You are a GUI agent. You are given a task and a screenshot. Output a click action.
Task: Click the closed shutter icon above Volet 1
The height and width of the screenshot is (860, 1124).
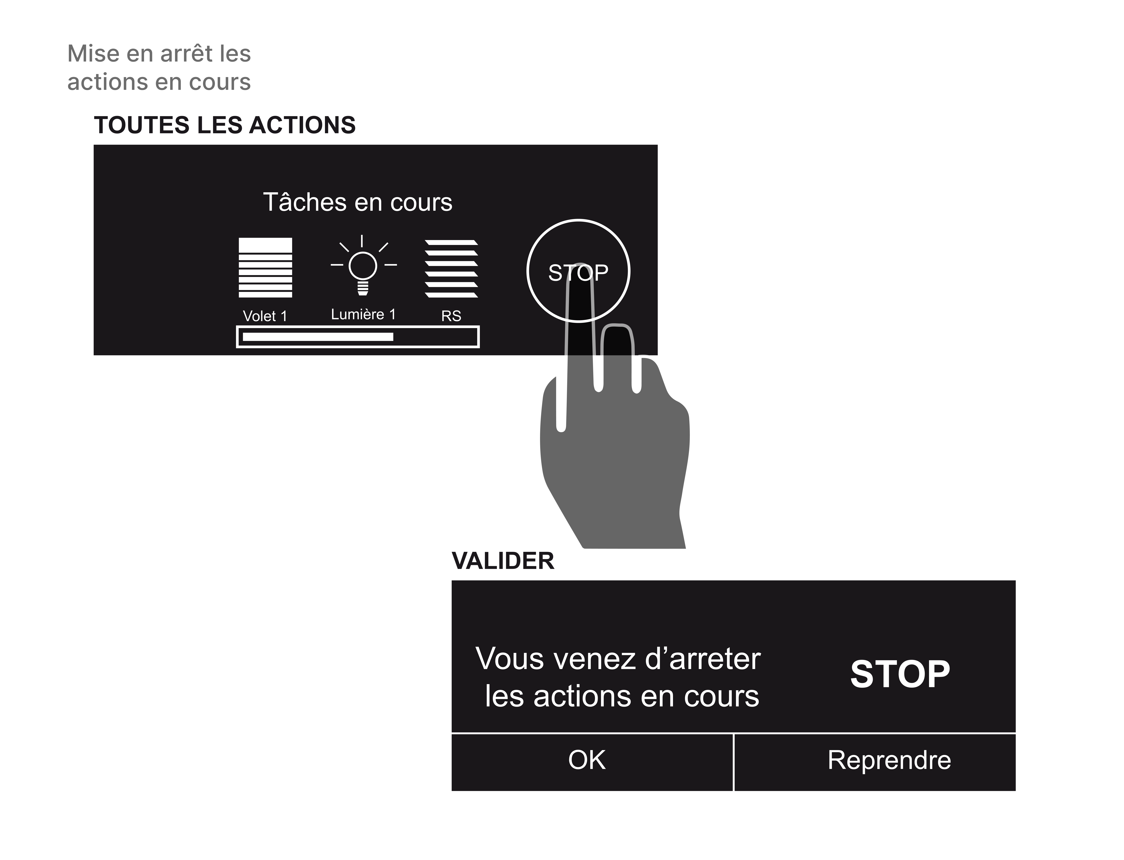265,267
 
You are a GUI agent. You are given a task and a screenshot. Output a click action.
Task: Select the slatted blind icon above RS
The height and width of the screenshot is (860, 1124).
451,268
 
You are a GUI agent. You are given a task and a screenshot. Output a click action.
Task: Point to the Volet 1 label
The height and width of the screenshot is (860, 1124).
265,316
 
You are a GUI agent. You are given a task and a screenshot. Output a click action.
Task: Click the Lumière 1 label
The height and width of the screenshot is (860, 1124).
363,314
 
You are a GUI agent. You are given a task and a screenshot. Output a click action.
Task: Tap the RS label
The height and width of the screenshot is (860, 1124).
451,316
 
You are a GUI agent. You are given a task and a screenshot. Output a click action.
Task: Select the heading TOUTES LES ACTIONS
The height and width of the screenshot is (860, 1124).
225,125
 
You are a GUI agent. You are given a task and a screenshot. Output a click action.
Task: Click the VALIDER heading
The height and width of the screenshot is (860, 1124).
503,561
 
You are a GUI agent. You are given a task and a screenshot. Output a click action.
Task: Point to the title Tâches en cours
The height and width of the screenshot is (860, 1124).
357,202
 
